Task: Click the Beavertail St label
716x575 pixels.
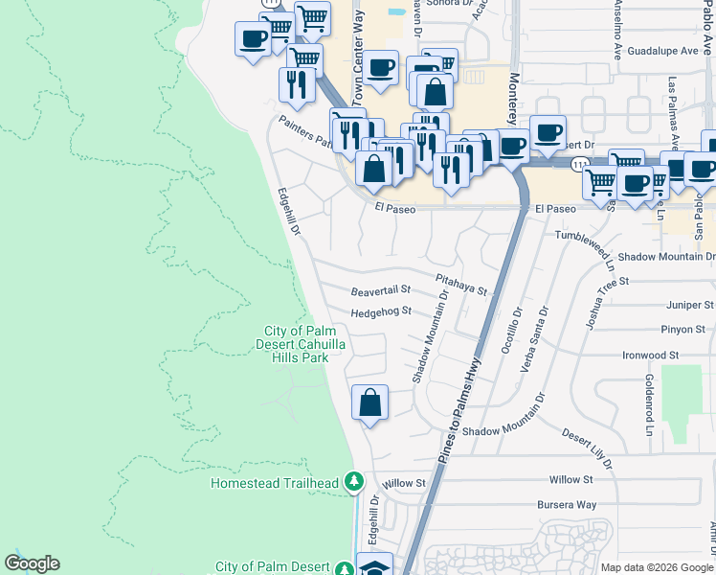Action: click(x=380, y=288)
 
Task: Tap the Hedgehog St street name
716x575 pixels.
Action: click(x=380, y=311)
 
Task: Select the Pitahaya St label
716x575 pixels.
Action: click(x=460, y=284)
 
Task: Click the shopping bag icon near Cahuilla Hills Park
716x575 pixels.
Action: click(x=369, y=403)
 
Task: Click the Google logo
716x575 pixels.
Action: click(x=32, y=563)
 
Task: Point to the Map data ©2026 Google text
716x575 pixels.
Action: click(x=656, y=567)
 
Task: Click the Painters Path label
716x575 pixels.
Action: click(x=305, y=133)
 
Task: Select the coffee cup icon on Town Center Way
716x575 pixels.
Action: click(x=380, y=68)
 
